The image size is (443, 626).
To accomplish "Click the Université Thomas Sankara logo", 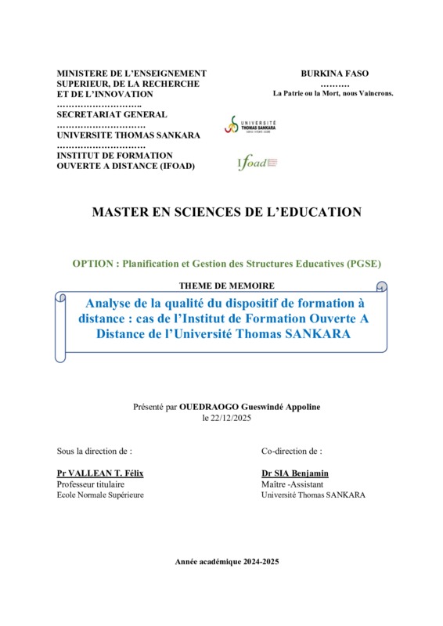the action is (250, 124).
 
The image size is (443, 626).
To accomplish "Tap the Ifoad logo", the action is (258, 163).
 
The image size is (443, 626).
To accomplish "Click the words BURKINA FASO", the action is (334, 74).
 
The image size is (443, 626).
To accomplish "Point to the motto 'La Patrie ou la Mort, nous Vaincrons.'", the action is (333, 93).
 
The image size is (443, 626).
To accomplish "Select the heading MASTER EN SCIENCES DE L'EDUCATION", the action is (227, 212).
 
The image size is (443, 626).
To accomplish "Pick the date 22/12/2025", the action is (232, 418).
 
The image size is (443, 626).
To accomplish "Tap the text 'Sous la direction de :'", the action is (95, 452).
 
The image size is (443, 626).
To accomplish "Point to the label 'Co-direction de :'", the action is (292, 452).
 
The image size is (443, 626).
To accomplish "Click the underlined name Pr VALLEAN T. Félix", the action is (100, 473).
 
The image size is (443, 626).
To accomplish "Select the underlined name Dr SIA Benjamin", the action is (295, 473).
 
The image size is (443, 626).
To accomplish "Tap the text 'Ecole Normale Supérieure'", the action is (100, 495).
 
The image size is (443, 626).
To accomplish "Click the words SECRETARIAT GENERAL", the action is (112, 114).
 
